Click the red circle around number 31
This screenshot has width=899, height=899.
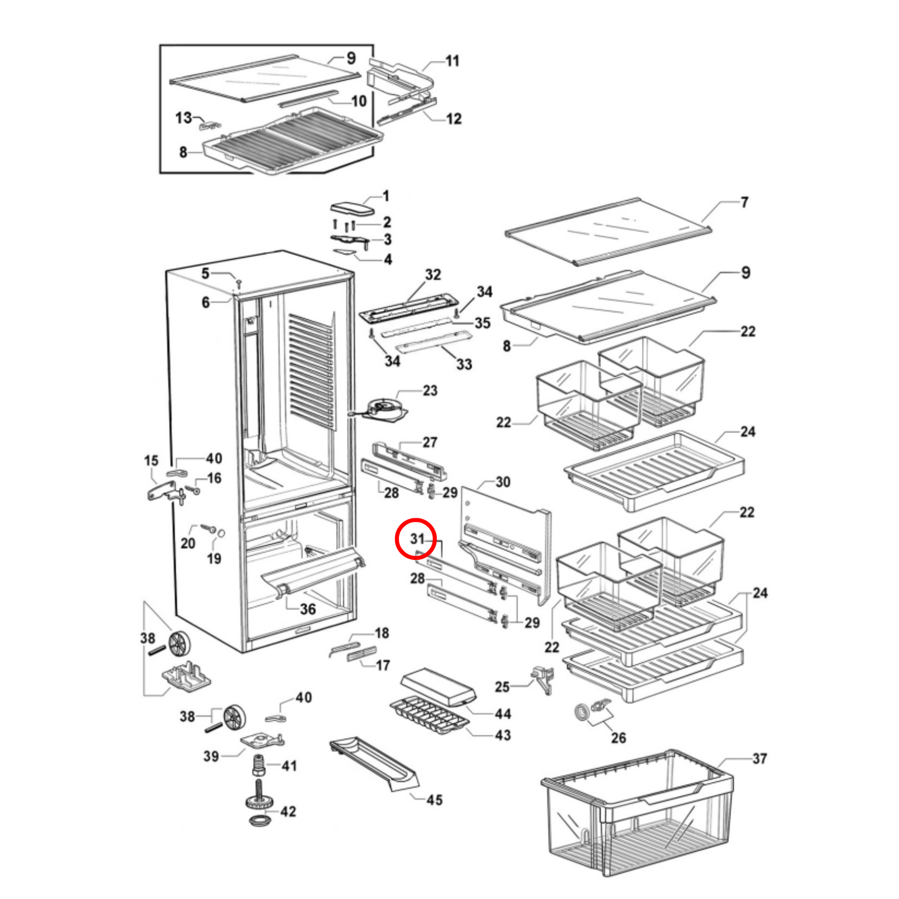[x=416, y=539]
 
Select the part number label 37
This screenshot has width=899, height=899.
[x=759, y=758]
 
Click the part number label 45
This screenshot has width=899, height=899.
[x=434, y=800]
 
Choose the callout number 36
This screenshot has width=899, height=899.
[x=308, y=609]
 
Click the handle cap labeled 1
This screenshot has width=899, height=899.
[x=352, y=207]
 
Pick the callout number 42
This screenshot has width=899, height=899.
[x=287, y=811]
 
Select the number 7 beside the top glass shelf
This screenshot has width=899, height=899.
[x=744, y=202]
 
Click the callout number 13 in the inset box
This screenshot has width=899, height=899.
[x=184, y=118]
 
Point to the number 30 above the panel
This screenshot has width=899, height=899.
[x=503, y=482]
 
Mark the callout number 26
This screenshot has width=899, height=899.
[x=618, y=738]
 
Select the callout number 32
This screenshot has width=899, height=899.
[x=433, y=274]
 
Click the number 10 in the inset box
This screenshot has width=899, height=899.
[x=359, y=101]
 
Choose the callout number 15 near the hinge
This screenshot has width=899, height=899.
[x=151, y=460]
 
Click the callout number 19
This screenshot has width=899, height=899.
[x=214, y=559]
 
